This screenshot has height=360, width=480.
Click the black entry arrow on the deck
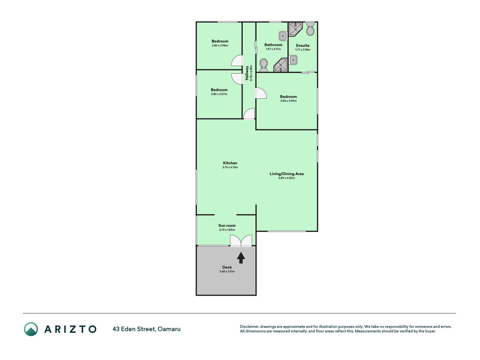[x=241, y=257]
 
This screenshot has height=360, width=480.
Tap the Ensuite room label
[x=303, y=45]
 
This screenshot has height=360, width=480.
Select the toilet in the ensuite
[x=310, y=29]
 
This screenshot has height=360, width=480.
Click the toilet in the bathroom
[x=264, y=65]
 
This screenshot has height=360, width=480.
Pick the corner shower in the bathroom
[x=281, y=65]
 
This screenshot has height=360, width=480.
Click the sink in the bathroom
[x=283, y=36]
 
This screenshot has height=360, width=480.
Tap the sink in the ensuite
[x=293, y=60]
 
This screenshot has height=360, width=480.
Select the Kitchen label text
[x=230, y=163]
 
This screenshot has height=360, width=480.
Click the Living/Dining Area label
[x=287, y=174]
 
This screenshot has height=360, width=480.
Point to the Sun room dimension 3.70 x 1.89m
[x=227, y=230]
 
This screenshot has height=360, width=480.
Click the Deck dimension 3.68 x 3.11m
[x=227, y=271]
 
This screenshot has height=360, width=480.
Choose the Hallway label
[x=247, y=73]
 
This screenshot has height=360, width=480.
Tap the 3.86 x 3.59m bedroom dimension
[x=288, y=101]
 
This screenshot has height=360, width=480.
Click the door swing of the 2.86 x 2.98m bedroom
[x=237, y=60]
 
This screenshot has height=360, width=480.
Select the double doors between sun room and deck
[x=241, y=241]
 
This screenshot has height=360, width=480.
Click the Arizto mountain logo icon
[x=31, y=329]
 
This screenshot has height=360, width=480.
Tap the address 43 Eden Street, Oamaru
[x=147, y=329]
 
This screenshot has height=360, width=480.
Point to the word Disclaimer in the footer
[x=249, y=327]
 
